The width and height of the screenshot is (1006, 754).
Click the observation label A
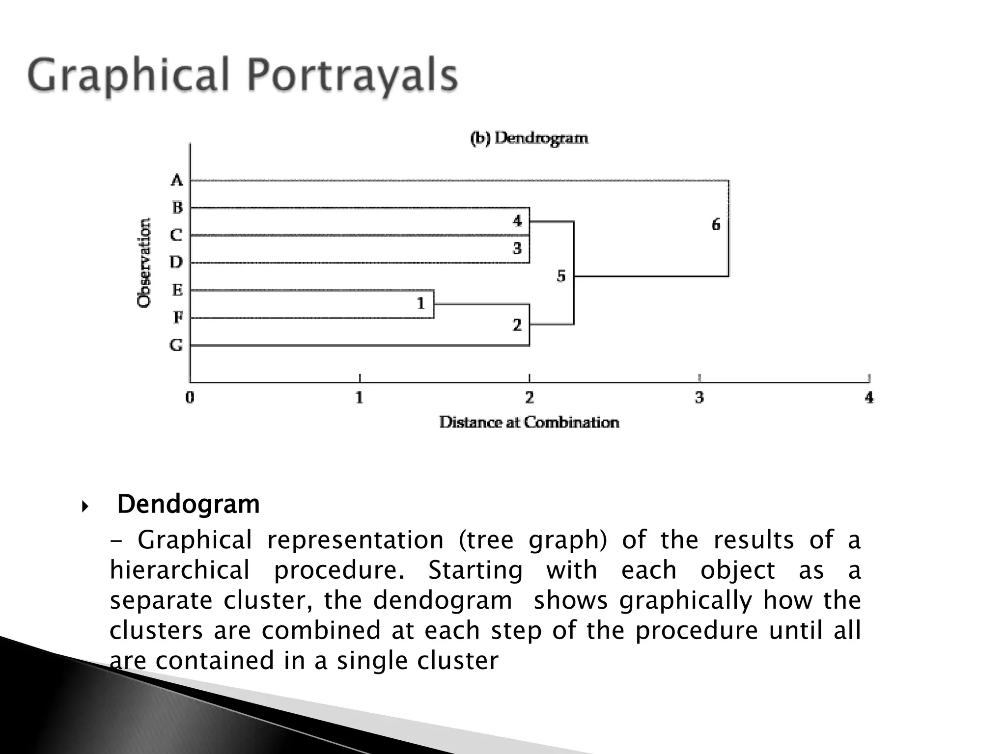point(177,180)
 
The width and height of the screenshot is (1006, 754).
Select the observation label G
point(176,345)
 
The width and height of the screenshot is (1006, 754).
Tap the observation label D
point(176,262)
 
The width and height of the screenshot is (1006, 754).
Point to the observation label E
point(177,290)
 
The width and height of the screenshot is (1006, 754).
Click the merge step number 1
point(421,304)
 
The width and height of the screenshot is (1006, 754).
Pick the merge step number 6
point(716,225)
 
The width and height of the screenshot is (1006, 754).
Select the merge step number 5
point(561,276)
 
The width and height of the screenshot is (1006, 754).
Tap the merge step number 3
point(517,248)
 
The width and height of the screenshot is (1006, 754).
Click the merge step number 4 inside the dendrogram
point(517,221)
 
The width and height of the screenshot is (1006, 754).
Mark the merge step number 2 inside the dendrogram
point(517,325)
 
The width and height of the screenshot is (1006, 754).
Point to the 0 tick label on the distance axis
point(190,397)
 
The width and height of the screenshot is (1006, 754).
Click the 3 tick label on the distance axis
point(699,397)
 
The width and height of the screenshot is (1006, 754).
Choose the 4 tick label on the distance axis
point(869,397)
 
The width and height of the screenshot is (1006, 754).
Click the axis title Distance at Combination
point(529,422)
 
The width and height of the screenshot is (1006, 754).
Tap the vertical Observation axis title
point(144,263)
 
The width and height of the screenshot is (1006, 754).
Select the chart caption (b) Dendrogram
point(529,138)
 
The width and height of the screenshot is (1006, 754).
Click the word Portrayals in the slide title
point(352,76)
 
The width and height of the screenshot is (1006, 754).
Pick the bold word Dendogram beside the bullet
point(189,504)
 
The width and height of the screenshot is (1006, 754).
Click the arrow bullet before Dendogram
point(85,506)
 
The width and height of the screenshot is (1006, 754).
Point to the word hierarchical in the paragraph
point(180,570)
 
